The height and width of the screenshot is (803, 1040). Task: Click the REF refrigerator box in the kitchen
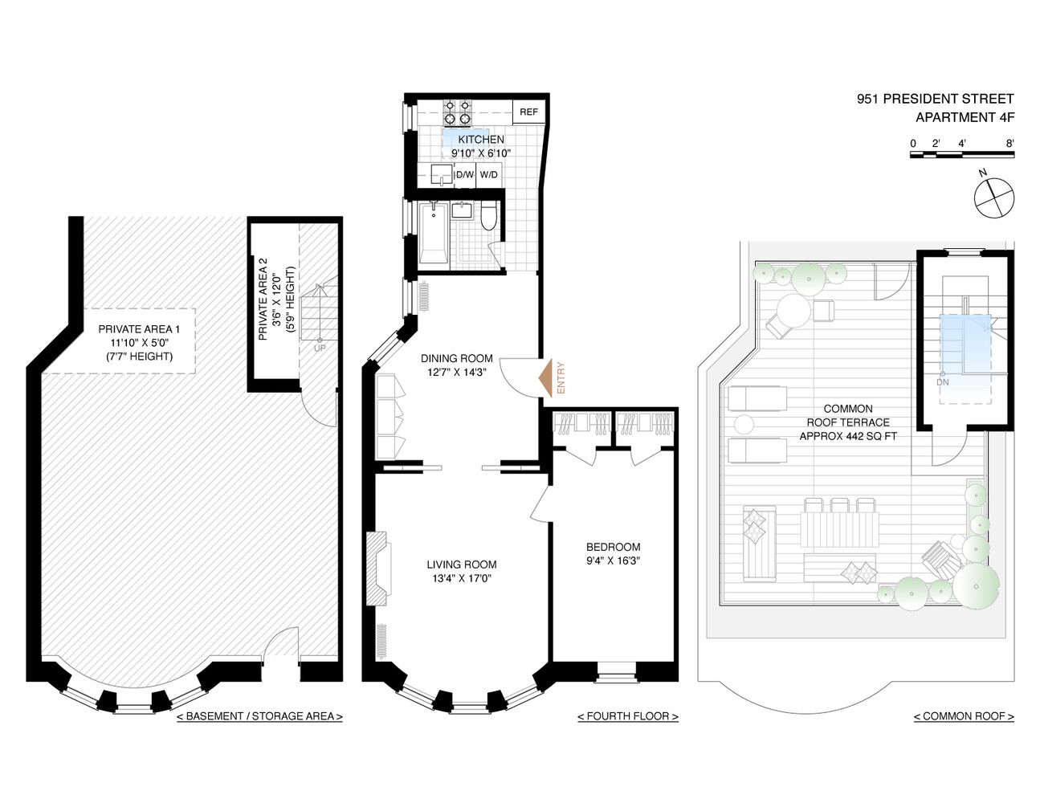coord(528,112)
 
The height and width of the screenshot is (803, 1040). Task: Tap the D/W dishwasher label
coord(464,175)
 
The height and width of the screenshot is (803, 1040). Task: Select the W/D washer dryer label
coord(488,175)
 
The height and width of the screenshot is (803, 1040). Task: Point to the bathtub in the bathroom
coord(434,233)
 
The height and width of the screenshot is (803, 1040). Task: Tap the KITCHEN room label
coord(481,140)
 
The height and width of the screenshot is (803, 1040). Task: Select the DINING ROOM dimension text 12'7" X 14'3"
coord(457,372)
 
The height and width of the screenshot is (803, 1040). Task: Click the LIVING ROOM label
coord(461,565)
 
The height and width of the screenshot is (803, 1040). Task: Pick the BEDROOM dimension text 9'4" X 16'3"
coord(613,560)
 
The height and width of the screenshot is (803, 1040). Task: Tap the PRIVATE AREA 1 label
coord(139,329)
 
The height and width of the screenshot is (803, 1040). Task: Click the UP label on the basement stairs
coord(320,349)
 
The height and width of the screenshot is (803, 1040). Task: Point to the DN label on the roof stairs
coord(942,382)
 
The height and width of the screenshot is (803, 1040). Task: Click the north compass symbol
coord(993,197)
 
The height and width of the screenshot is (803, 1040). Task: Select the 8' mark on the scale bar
coord(1009,144)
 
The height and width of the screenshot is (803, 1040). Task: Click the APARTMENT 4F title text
coord(965,117)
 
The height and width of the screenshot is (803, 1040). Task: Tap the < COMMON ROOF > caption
coord(964,716)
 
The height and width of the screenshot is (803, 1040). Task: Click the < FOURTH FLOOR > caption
coord(628,716)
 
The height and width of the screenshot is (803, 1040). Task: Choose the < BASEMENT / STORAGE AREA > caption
coord(259,716)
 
